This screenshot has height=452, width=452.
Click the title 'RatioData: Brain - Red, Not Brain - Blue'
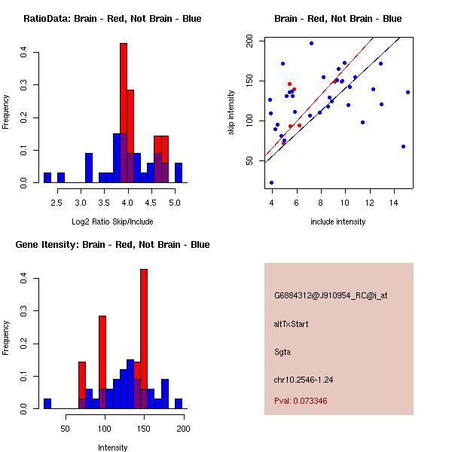coord(112,19)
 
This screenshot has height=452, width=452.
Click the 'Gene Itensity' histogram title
coord(112,245)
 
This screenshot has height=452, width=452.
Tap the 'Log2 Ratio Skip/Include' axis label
coord(112,221)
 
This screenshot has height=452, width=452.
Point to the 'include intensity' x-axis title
coord(337,221)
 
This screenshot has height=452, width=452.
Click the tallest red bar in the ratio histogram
coord(124,113)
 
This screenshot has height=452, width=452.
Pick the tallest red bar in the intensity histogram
coord(144,339)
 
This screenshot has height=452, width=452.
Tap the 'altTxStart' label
coord(291,324)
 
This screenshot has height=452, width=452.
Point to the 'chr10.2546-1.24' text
coord(303,379)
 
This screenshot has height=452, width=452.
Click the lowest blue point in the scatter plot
coord(271,182)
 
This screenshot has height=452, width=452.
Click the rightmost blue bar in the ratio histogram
coord(179,173)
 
